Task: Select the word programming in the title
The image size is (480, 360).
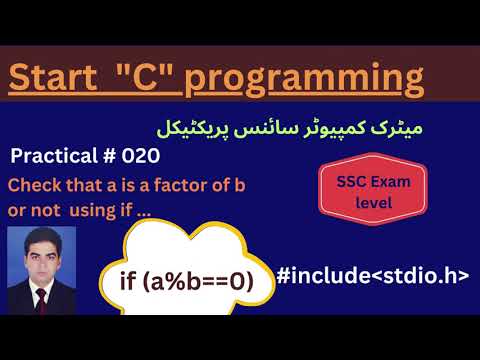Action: pos(300,77)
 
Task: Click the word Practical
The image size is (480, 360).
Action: pos(55,157)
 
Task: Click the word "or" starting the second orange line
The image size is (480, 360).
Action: pos(17,211)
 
